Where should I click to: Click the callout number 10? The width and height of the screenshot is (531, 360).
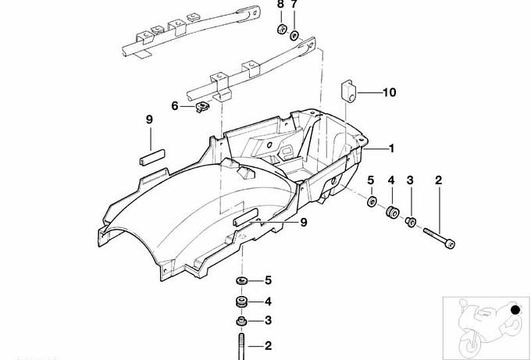tap(389, 92)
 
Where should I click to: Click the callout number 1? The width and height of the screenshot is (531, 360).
tap(391, 148)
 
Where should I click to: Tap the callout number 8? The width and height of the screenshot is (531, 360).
tap(280, 5)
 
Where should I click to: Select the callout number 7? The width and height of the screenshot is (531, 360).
tap(294, 5)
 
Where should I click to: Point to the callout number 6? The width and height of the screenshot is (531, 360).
tap(176, 105)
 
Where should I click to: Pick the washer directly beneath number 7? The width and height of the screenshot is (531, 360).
tap(294, 35)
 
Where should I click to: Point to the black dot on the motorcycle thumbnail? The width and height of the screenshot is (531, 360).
tap(515, 311)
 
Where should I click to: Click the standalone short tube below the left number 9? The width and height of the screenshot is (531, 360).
tap(153, 153)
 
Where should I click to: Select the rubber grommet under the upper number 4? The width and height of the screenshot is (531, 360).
tap(392, 211)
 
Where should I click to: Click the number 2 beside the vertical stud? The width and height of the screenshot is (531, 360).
tap(268, 344)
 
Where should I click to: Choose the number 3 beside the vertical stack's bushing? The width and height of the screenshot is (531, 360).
tap(268, 320)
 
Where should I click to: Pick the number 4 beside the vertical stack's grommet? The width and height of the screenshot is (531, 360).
tap(268, 301)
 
